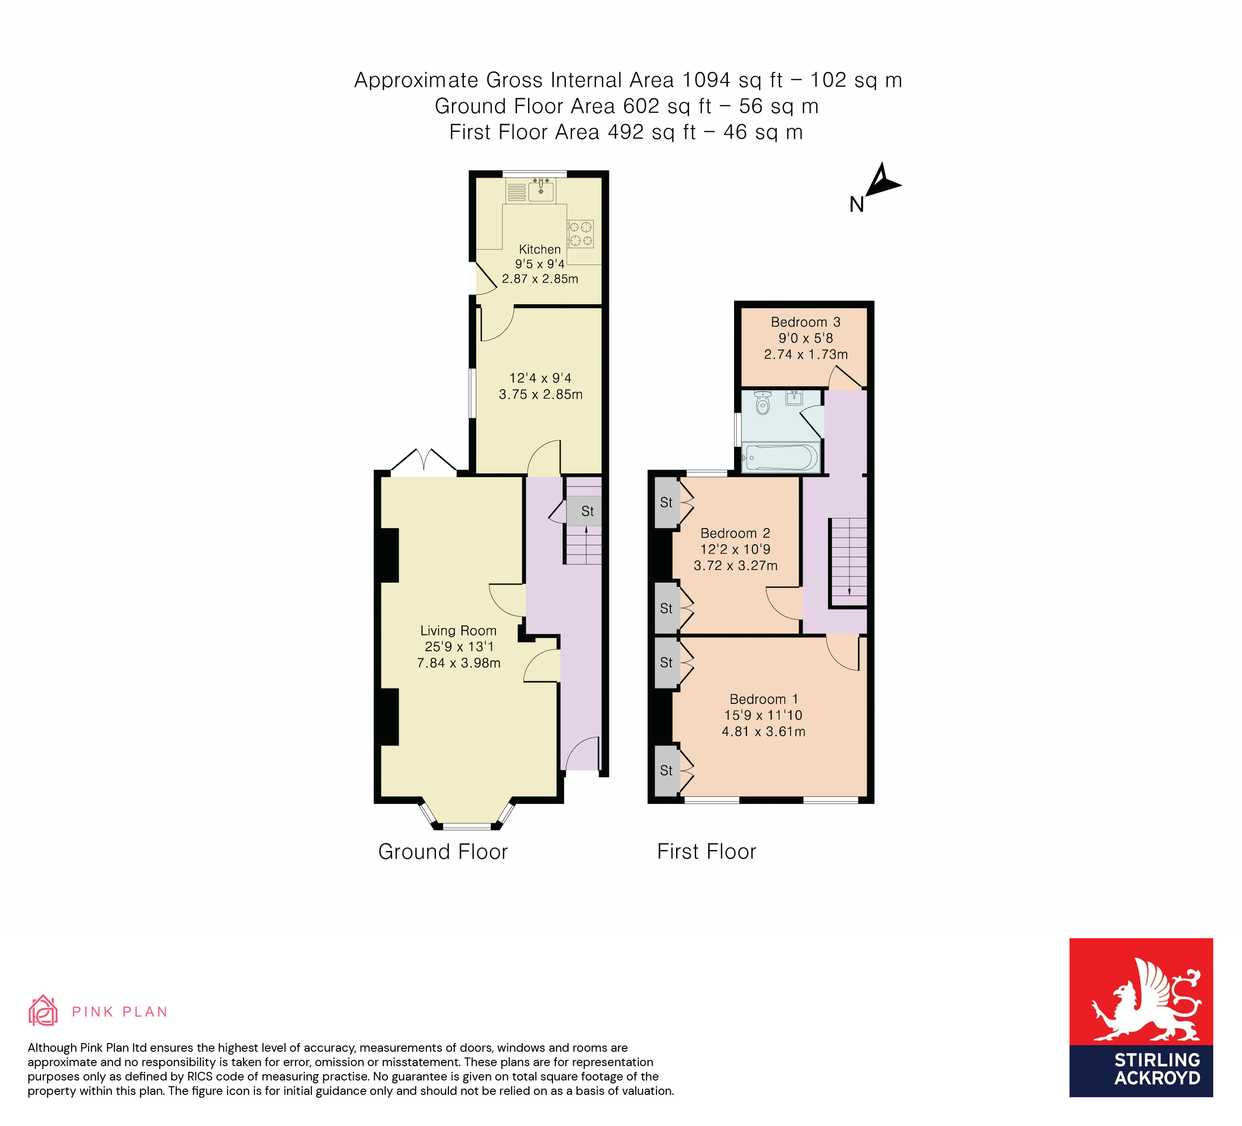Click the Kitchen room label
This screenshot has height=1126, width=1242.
(x=540, y=250)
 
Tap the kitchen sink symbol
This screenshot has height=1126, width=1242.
(x=540, y=191)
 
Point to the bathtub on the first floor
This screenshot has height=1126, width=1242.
(x=781, y=458)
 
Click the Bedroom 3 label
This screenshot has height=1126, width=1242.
(x=805, y=322)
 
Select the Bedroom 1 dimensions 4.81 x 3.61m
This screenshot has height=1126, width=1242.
(x=763, y=732)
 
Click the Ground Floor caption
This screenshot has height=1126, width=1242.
(x=442, y=852)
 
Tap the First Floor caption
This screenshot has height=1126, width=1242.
(x=706, y=852)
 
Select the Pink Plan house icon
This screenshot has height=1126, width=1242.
(x=43, y=1011)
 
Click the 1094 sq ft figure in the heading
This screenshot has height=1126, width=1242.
(x=733, y=80)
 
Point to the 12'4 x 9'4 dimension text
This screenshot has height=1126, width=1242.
(x=540, y=378)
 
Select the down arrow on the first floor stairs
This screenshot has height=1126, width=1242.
(x=850, y=591)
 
